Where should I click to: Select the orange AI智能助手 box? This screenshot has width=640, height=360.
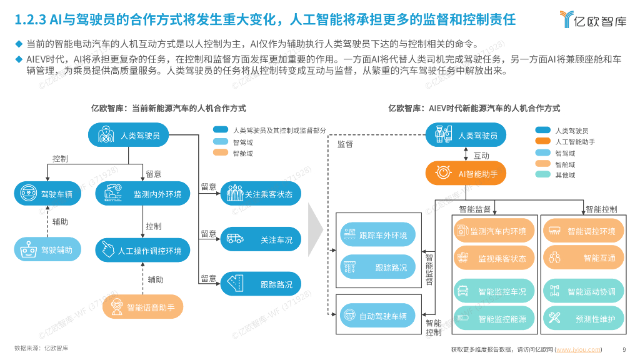point(466,174)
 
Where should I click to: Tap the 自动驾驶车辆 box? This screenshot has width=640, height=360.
point(374,316)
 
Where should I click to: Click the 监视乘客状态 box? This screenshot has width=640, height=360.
point(494,257)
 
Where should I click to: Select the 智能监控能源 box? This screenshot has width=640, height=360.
point(494,319)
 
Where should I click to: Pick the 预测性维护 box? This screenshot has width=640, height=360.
point(582,319)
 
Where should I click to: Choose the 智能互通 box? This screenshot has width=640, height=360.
point(582,257)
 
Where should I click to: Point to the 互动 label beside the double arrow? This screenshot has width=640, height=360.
point(481,156)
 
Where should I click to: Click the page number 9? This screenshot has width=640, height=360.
point(624,349)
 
